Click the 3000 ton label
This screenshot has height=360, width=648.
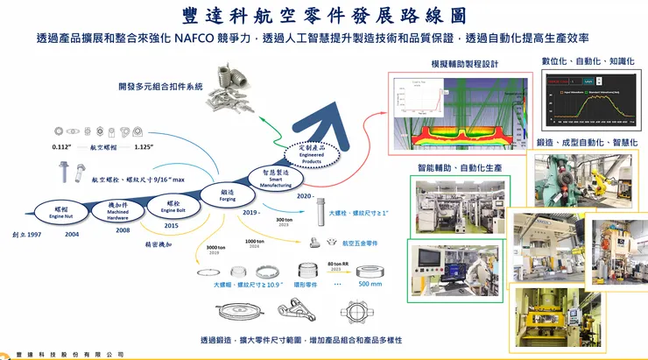(217, 249)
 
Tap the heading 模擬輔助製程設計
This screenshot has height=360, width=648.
(464, 65)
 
